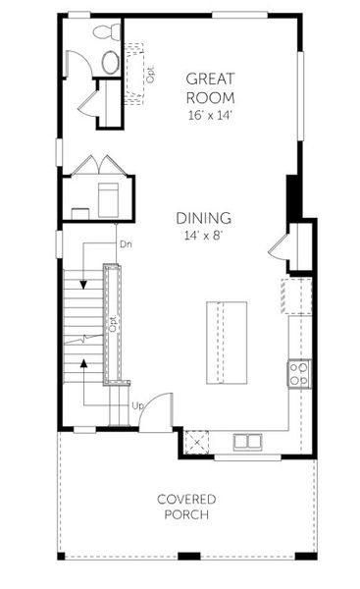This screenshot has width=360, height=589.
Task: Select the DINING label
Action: [x=203, y=218]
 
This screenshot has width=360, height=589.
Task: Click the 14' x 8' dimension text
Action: [x=203, y=237]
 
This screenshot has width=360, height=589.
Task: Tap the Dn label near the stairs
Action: [x=126, y=242]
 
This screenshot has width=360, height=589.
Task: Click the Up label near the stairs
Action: [x=138, y=404]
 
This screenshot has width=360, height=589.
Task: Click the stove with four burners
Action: [x=297, y=374]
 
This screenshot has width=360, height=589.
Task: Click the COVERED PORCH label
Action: [x=186, y=507]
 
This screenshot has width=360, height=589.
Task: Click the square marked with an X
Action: [x=196, y=442]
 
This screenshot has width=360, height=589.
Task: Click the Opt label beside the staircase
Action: [x=113, y=324]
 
